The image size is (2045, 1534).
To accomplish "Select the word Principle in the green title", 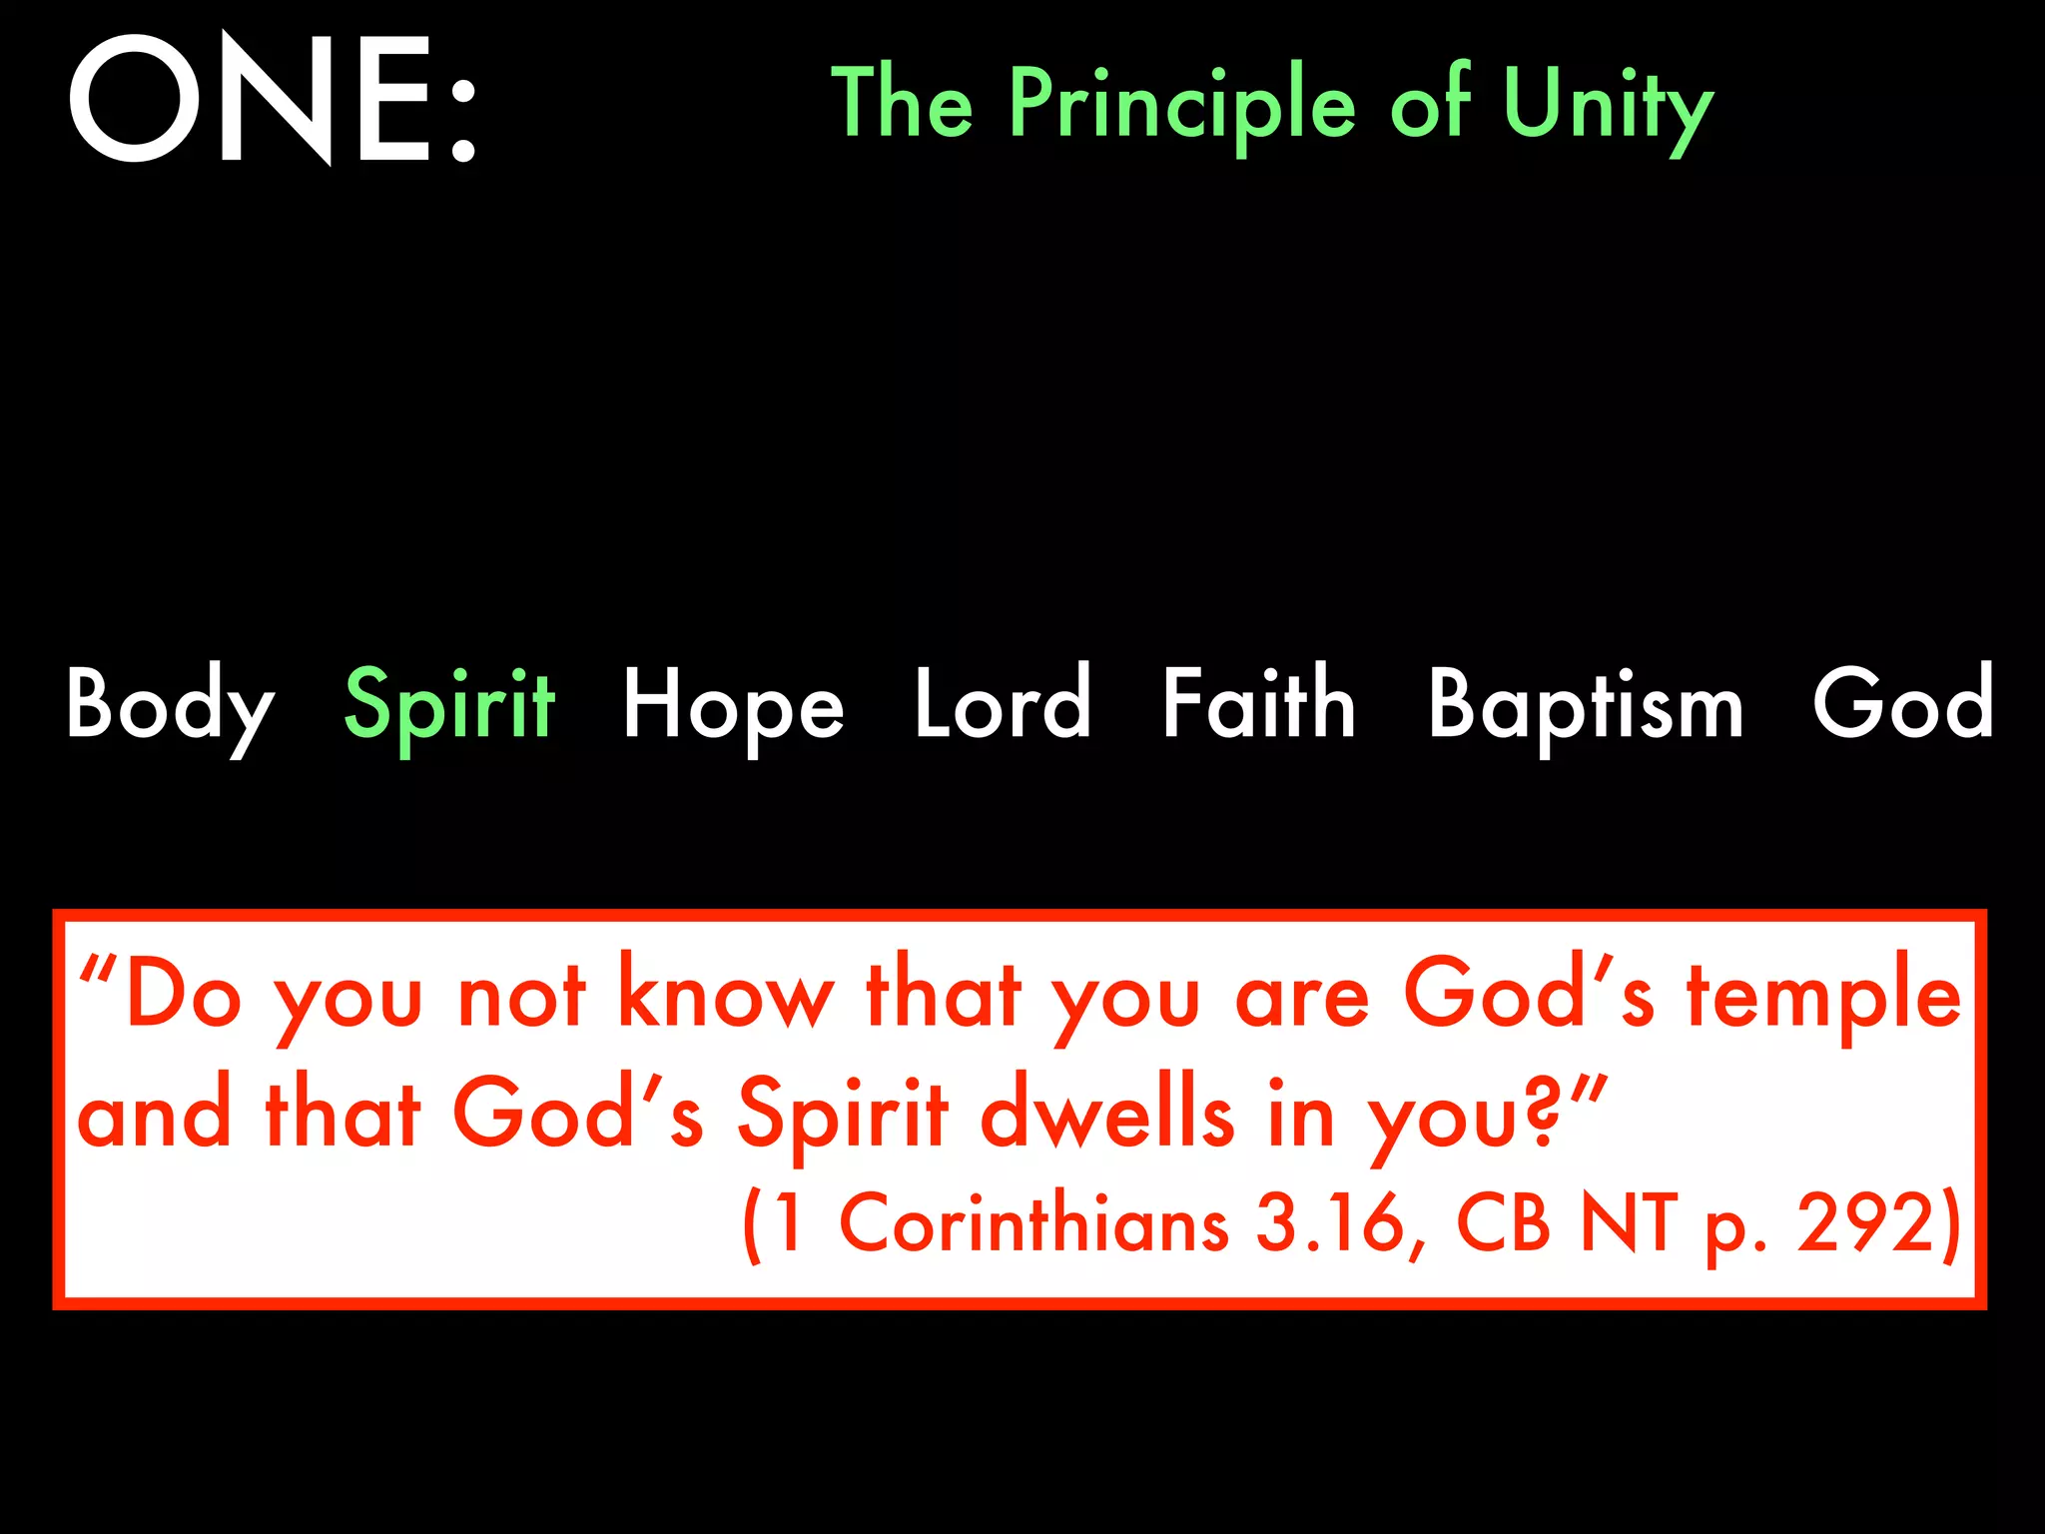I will click(x=1182, y=105).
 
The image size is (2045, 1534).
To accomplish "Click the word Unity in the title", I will click(x=1607, y=105).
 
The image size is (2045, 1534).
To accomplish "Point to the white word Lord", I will click(x=1003, y=703).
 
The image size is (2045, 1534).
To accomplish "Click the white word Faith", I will click(x=1259, y=703).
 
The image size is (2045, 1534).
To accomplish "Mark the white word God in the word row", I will click(x=1902, y=703).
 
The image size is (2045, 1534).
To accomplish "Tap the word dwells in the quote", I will click(x=1107, y=1114).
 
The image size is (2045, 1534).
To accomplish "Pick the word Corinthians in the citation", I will click(x=1033, y=1223).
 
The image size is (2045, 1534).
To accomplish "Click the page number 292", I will click(x=1867, y=1223).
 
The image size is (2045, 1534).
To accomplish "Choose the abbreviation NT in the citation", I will click(x=1629, y=1223).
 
